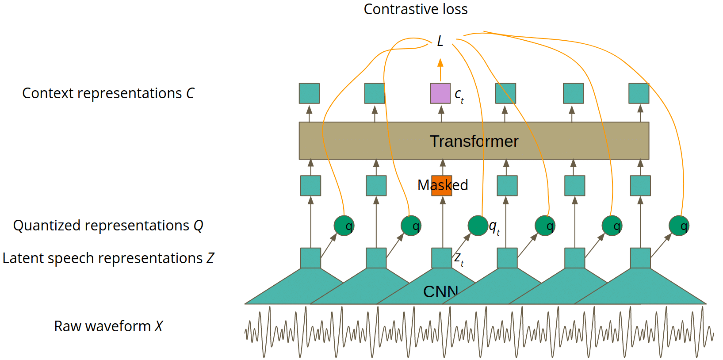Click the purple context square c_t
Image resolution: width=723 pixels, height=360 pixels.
coord(440,93)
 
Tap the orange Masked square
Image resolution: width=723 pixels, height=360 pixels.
coord(441,186)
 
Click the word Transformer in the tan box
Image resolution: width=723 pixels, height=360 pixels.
coord(474,141)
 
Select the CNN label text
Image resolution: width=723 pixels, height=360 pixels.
coord(440,291)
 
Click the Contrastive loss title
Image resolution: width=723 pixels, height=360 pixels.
coord(415,9)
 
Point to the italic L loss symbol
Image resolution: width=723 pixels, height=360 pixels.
coord(440,41)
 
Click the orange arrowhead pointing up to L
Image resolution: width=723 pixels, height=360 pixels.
coord(440,63)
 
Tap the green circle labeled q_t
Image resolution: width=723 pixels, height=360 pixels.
coord(478,226)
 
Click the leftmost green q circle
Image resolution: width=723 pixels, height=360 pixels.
coord(344,226)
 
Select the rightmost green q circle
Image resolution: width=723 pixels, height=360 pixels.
coord(679,226)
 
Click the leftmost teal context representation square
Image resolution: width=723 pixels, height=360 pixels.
coord(309,93)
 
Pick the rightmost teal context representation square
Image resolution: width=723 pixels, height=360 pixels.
coord(639,93)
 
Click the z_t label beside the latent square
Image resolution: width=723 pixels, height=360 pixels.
coord(459,259)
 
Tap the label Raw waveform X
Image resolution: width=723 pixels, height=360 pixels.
coord(108,326)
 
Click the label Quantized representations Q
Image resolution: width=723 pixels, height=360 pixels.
coord(108,226)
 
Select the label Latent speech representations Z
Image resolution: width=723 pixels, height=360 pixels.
coord(108,258)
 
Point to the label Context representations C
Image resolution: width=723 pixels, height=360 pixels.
coord(108,93)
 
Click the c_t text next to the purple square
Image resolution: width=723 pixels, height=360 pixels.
coord(459,95)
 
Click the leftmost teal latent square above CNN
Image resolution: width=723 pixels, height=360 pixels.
coord(310,258)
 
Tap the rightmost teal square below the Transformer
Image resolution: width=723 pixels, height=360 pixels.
coord(640,186)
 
